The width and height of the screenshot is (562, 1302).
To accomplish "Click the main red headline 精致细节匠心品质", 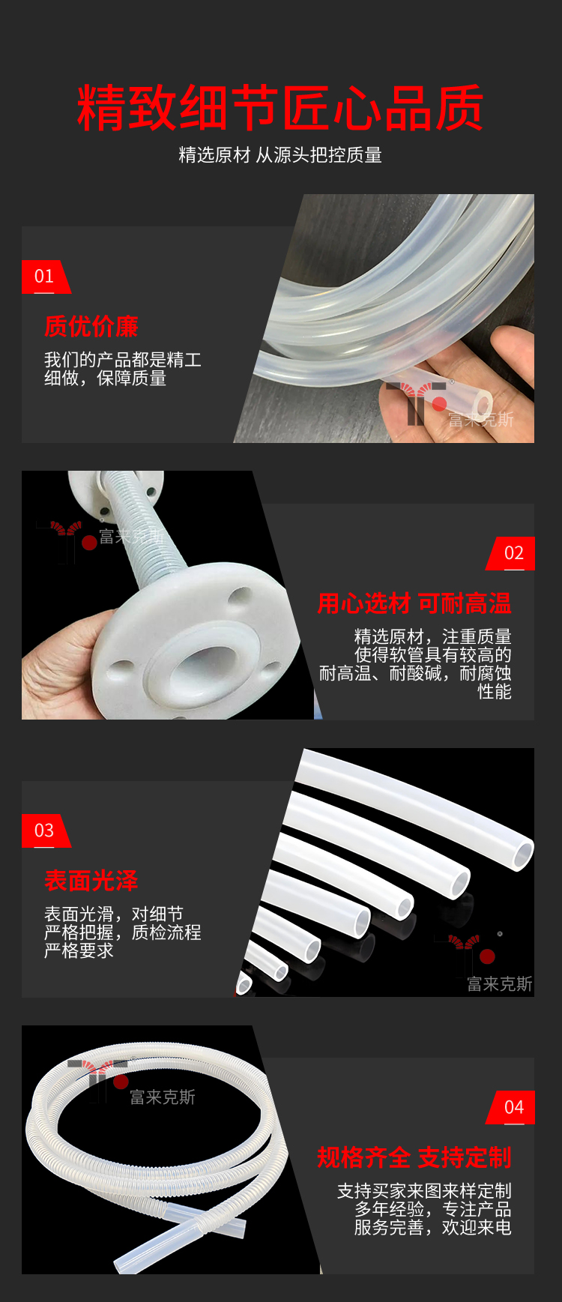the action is pos(280,108).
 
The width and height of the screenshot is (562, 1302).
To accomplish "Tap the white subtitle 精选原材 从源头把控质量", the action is pos(280,155).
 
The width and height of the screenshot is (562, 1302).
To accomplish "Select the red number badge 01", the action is pos(45,277).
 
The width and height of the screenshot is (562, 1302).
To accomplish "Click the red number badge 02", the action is pos(513,553).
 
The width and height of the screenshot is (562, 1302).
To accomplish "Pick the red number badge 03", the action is pos(45,831).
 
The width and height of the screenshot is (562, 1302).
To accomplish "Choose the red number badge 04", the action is pos(513,1107).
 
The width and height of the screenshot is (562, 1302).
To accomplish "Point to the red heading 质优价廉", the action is pos(91,326).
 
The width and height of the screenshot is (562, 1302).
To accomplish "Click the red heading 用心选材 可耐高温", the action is pos(414,603).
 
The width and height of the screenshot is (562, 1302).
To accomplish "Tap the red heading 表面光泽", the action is pos(91,881).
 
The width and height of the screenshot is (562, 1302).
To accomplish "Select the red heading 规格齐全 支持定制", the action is pos(414,1157).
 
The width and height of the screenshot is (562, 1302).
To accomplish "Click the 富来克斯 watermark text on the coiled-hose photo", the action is pos(163,1097).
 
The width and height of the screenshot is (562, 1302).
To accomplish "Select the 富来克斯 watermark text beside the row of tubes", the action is pos(500,984).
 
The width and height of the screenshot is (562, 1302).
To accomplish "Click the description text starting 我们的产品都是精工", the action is pos(123,369).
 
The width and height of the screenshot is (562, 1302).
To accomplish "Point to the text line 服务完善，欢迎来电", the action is pos(433,1228).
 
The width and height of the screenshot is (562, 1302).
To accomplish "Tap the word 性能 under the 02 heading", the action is pos(495,691).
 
